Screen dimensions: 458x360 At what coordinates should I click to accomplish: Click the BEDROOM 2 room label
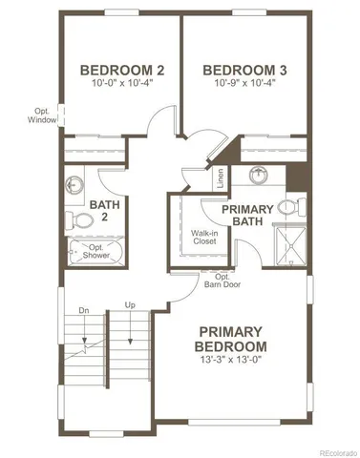[122, 69]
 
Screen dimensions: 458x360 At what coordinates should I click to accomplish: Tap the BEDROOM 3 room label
[244, 69]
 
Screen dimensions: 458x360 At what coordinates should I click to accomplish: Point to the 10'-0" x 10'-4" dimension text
[122, 84]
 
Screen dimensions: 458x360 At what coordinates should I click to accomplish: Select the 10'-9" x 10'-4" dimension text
[244, 84]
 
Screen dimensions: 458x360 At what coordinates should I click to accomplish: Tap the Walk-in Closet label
[202, 237]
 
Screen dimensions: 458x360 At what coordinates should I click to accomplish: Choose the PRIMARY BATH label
[247, 215]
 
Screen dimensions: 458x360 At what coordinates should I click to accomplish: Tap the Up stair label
[131, 306]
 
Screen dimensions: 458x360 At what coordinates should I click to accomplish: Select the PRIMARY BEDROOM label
[230, 338]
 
